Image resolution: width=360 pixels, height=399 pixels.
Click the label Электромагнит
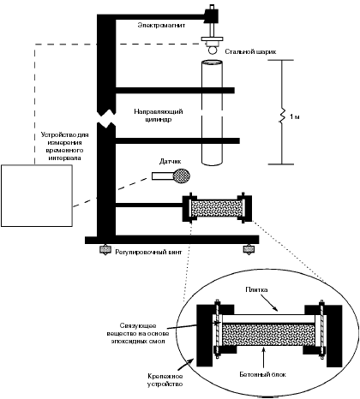161,25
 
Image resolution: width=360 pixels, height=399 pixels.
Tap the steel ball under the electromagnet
213,51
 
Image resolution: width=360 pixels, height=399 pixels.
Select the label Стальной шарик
250,51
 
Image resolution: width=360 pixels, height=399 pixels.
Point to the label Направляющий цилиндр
159,116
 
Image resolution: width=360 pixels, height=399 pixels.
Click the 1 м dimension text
295,116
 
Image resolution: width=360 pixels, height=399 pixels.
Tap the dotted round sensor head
182,176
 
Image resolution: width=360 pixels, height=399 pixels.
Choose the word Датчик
171,162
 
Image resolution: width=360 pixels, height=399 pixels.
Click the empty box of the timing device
37,196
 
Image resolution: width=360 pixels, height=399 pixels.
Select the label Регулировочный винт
148,253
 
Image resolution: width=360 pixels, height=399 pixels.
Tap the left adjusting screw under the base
105,249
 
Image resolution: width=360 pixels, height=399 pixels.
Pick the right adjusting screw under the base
249,249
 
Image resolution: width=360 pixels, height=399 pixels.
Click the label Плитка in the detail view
256,289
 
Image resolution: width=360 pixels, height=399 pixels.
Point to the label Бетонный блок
262,374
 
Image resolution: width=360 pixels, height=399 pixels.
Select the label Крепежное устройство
165,380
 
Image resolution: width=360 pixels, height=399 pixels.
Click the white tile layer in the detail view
268,319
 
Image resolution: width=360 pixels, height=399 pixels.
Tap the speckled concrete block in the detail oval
268,335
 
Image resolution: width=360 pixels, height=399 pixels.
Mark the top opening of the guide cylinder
212,63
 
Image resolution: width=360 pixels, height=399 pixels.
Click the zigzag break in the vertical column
106,118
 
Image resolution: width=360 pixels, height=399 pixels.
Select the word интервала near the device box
64,158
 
